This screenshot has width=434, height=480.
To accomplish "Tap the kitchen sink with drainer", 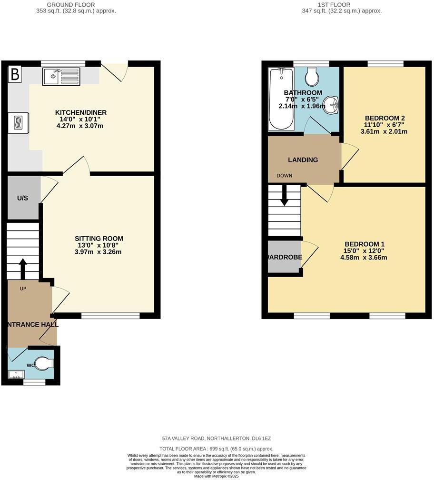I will (x=61, y=76).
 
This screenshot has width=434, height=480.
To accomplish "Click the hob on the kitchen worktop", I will (x=18, y=122).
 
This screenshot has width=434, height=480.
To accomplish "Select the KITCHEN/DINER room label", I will (x=80, y=113).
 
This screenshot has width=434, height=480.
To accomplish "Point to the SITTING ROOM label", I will (x=99, y=239).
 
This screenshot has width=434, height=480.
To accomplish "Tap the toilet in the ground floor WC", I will (x=44, y=364).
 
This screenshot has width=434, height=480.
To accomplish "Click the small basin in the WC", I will (x=16, y=375).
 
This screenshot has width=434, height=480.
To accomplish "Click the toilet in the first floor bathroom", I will (x=312, y=76).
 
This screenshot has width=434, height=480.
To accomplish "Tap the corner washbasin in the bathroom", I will (x=331, y=104).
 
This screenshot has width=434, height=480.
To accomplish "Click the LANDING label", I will (x=303, y=160).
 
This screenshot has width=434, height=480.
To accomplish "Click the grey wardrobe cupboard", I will (x=284, y=257).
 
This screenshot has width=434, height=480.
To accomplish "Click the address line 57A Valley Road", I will (x=217, y=438).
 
